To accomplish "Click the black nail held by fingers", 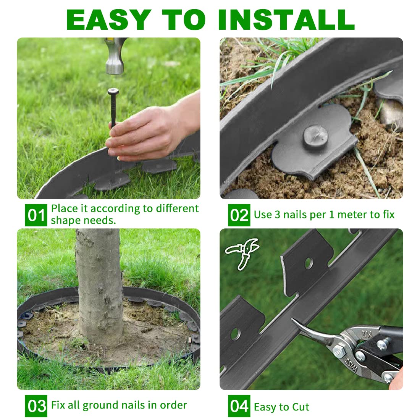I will [x=113, y=107].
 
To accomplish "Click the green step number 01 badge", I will [x=36, y=215].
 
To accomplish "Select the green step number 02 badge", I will [x=239, y=215].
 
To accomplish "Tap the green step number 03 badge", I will [x=36, y=406].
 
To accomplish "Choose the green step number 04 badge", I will [x=239, y=406].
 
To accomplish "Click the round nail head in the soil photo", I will [x=315, y=136].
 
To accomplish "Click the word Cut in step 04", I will [x=301, y=407].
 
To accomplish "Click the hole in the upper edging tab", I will [x=309, y=263].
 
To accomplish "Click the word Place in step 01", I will [x=64, y=208].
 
